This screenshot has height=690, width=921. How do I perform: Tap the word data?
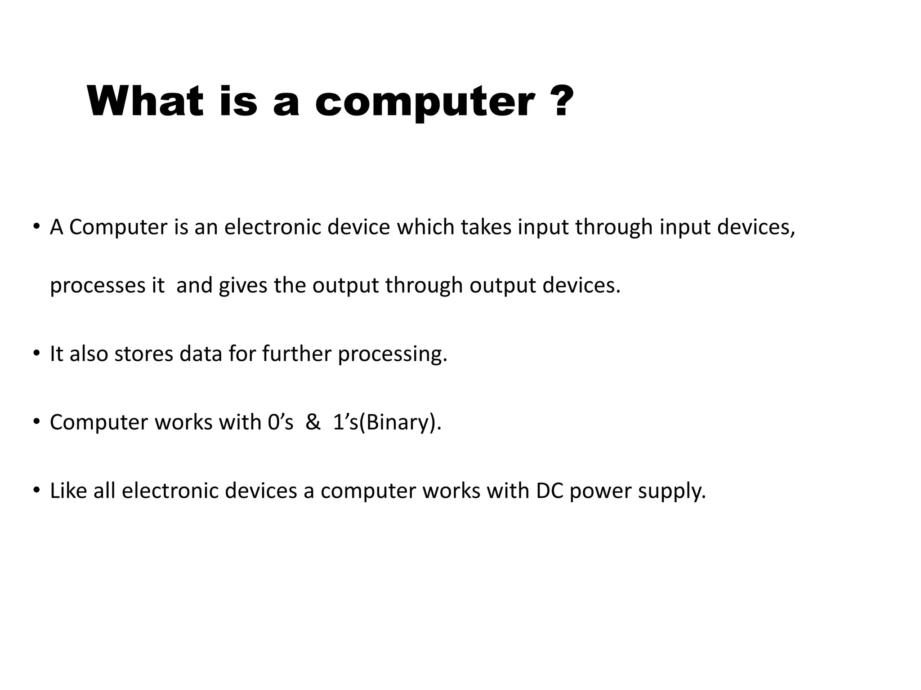(x=201, y=354)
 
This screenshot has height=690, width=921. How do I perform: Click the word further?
(x=296, y=354)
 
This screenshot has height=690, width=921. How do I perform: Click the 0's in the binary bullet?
(x=280, y=422)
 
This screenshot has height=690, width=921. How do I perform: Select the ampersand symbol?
(x=313, y=422)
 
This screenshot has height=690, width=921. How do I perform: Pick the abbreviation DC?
(x=550, y=491)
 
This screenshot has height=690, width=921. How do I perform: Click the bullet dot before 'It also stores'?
(x=36, y=354)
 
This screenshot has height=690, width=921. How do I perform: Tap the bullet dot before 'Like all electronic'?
(x=36, y=490)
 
